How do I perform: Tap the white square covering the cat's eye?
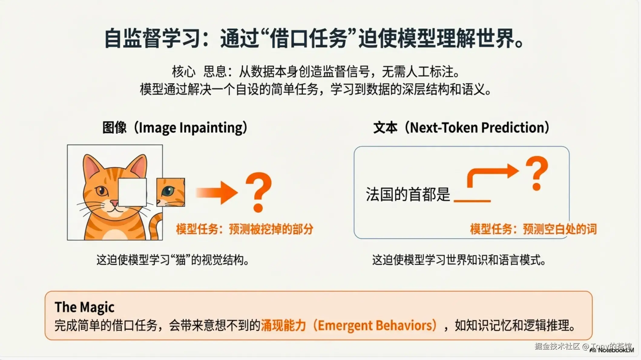(132, 192)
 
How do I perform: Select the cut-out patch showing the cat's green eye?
(171, 192)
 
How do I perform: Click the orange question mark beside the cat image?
(258, 192)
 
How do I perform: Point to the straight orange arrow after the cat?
(217, 193)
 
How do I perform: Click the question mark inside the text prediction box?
(537, 173)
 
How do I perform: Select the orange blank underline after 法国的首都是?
(472, 201)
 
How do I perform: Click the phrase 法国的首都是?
(408, 194)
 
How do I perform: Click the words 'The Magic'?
(84, 307)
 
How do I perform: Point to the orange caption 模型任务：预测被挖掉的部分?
(245, 229)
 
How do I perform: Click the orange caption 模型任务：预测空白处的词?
(533, 229)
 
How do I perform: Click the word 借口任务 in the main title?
(309, 38)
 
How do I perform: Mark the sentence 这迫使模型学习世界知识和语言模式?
(459, 260)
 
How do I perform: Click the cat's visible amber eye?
(101, 191)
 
